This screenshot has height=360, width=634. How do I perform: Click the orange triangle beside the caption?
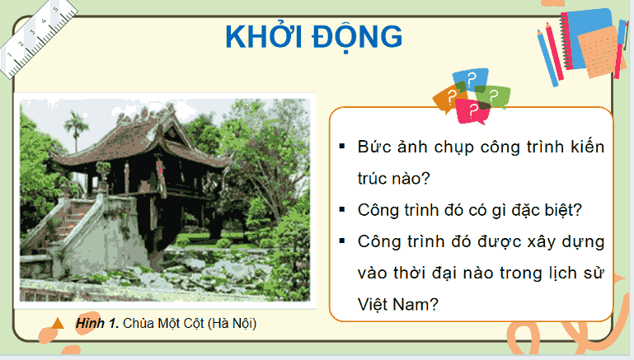coord(57,324)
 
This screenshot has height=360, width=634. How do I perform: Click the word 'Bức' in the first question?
coord(372,147)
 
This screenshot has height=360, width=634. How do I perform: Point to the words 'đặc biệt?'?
coord(551,209)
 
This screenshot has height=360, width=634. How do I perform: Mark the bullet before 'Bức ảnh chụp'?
coord(341,147)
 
